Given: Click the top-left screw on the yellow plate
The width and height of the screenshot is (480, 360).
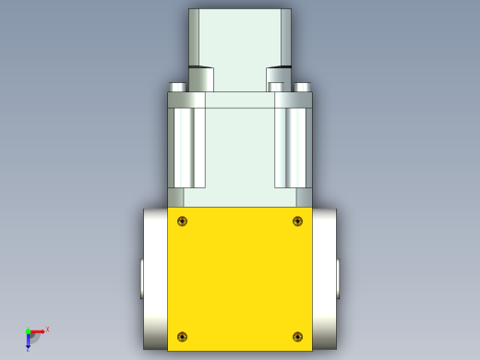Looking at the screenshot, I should click(x=183, y=221).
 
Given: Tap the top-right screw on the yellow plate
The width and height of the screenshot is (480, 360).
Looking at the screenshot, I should click(x=297, y=221).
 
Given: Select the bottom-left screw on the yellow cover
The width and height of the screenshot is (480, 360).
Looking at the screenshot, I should click(x=183, y=336).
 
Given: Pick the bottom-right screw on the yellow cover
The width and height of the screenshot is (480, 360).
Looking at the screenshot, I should click(x=297, y=336).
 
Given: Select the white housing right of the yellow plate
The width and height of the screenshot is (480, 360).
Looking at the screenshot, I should click(x=324, y=277).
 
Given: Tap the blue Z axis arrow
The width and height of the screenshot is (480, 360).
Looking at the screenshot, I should click(x=28, y=341).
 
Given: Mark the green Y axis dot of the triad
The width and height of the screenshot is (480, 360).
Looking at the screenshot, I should click(x=28, y=330).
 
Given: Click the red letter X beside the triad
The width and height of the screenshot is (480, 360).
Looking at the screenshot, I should click(x=47, y=329).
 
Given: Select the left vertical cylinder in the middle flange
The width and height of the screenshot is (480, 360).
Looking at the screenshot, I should click(x=184, y=148).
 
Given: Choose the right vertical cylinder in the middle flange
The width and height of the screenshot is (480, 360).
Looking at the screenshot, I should click(x=295, y=148).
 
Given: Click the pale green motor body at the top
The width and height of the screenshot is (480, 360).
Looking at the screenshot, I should click(x=240, y=37).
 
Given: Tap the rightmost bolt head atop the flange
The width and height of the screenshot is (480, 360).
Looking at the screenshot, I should click(x=303, y=88).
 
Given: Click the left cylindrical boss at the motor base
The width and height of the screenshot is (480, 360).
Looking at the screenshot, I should click(x=201, y=78).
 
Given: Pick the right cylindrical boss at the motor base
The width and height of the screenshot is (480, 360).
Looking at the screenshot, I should click(x=279, y=78).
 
